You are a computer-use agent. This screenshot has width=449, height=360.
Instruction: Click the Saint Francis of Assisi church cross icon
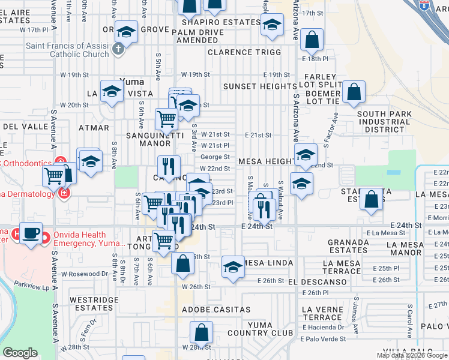(118, 49)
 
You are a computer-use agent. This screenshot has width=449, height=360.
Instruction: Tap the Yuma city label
(131, 81)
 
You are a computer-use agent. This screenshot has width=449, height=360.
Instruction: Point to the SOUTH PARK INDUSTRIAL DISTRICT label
(384, 121)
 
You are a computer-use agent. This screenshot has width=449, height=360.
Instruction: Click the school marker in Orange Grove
(127, 31)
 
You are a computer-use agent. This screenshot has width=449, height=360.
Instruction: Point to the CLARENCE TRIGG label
(244, 52)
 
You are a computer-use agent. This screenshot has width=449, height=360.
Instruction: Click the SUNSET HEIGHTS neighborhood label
(260, 86)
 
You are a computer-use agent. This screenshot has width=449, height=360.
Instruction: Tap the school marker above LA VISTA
(112, 91)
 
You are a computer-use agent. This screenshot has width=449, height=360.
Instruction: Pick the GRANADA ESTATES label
(348, 245)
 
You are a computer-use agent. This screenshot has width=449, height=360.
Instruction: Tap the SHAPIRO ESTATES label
(213, 22)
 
